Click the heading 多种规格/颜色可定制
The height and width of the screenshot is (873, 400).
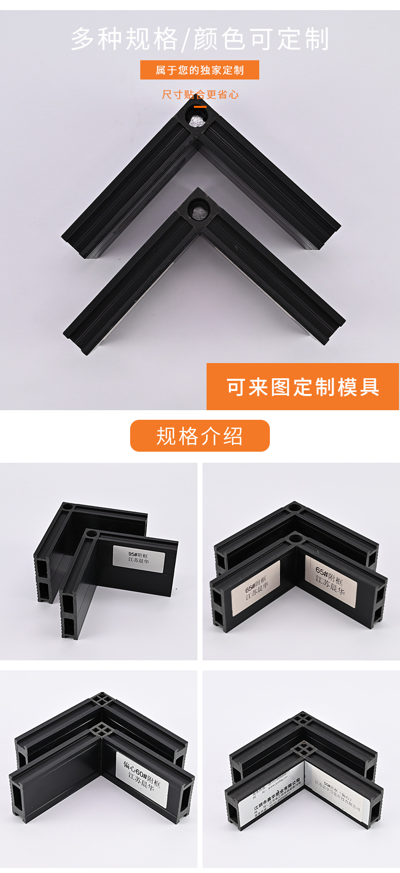click(x=200, y=39)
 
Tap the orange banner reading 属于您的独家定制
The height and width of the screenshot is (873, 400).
click(x=199, y=70)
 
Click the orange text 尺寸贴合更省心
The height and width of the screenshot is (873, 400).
click(x=200, y=95)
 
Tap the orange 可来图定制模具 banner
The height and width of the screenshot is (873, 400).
click(x=303, y=387)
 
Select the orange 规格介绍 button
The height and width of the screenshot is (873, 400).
click(x=199, y=436)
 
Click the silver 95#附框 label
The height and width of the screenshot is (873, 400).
click(x=139, y=559)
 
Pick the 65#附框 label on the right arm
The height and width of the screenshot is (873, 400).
click(x=330, y=580)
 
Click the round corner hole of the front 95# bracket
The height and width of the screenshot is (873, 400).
click(x=91, y=534)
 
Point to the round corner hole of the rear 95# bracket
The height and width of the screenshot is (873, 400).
click(x=67, y=506)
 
